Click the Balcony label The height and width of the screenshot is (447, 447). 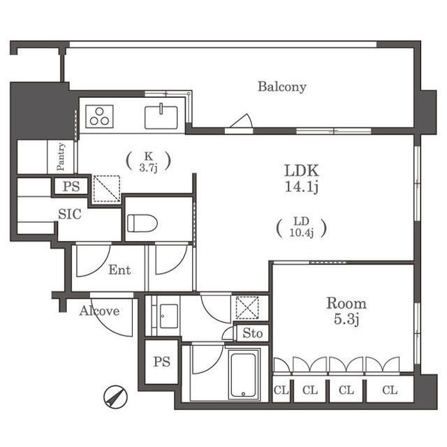click(281, 87)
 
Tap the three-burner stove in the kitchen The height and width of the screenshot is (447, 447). click(99, 117)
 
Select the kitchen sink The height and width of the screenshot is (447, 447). click(161, 117)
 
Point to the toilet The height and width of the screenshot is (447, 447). click(142, 223)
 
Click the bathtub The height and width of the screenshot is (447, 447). click(243, 375)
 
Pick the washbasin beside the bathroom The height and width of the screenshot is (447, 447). click(169, 316)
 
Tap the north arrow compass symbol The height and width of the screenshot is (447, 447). click(115, 397)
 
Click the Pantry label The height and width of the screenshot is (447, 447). click(61, 156)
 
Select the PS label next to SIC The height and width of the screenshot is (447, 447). click(71, 186)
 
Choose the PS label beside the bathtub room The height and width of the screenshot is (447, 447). click(162, 362)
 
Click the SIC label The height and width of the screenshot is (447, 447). click(70, 214)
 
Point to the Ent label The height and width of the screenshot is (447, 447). click(119, 270)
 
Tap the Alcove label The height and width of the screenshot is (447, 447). click(99, 311)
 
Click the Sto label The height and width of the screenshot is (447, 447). click(253, 333)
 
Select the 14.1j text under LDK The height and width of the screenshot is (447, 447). click(302, 187)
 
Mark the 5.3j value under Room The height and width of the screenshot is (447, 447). click(346, 319)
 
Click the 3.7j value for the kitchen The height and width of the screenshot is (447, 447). click(148, 168)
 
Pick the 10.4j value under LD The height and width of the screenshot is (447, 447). click(302, 233)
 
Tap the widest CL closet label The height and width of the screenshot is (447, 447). click(390, 390)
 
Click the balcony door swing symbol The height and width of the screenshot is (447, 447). click(241, 121)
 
